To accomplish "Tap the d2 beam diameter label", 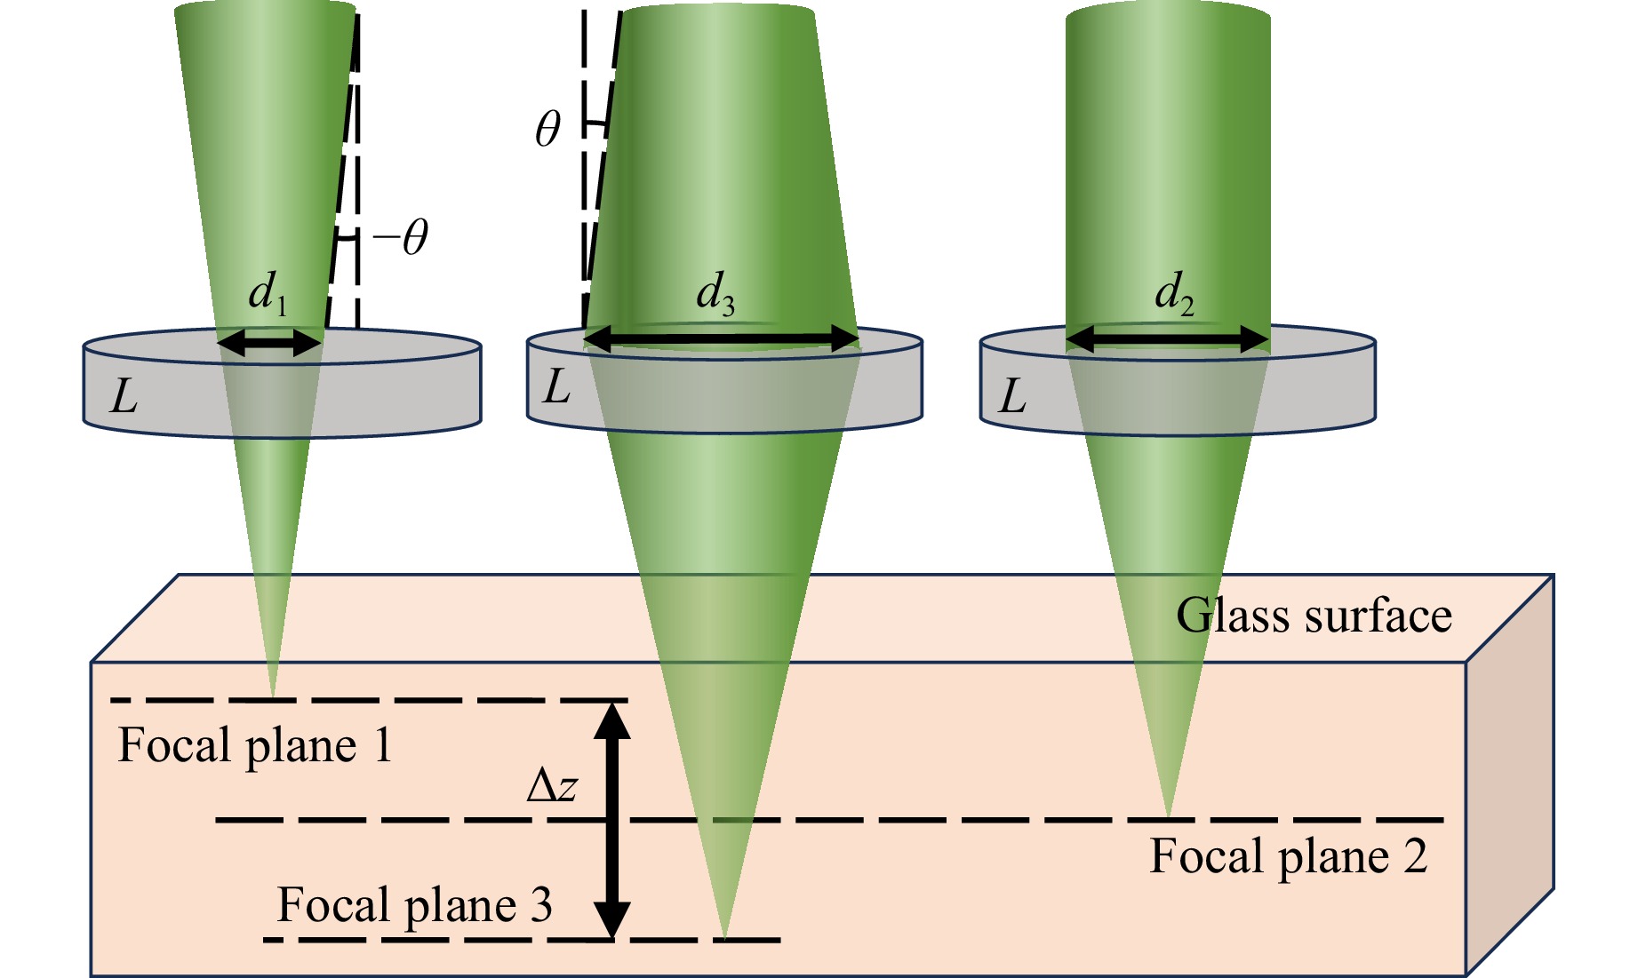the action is [x=1174, y=292].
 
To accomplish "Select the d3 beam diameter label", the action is [x=715, y=292].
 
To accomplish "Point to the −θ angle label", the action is [x=401, y=238].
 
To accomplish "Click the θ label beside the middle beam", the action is [x=547, y=130].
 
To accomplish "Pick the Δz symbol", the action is [x=552, y=786].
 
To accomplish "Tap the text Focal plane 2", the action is [x=1289, y=856].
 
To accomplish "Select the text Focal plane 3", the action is [x=415, y=905].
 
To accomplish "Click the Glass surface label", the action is [x=1314, y=615].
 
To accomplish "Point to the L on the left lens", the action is [x=124, y=396].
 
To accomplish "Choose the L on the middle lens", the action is [x=556, y=386].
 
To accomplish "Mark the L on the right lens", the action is [x=1012, y=396].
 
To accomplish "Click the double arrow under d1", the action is [x=269, y=342].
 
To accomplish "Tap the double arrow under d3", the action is [x=722, y=338].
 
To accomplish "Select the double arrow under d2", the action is [x=1168, y=339].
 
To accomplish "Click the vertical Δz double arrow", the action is [x=612, y=820].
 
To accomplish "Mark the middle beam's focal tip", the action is [x=724, y=937].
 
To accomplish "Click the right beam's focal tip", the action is [x=1169, y=816].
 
